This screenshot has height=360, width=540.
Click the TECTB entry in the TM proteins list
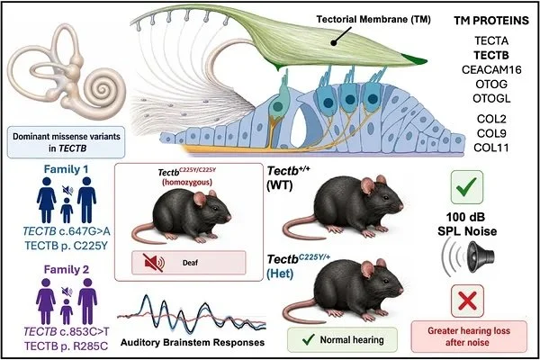click(491, 55)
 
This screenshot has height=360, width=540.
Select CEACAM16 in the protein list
click(491, 69)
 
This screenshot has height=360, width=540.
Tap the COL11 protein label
click(491, 148)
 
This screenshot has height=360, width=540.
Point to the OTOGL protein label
click(491, 98)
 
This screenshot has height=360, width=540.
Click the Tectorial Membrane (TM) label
click(373, 20)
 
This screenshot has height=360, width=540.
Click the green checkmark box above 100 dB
click(467, 187)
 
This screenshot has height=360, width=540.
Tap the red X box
click(467, 301)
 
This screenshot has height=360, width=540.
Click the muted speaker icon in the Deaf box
click(154, 263)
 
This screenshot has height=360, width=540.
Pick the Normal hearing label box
click(342, 339)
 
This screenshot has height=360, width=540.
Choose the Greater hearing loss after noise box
click(469, 337)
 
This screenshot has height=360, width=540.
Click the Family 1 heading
click(66, 169)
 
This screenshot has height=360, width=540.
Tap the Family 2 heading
click(66, 269)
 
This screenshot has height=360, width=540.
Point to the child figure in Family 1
click(67, 210)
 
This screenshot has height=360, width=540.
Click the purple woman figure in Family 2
click(46, 301)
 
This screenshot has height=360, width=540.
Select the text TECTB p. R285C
click(66, 346)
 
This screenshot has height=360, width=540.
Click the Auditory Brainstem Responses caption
click(193, 342)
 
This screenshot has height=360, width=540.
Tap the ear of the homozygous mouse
click(200, 198)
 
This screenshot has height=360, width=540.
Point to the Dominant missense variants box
click(66, 142)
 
